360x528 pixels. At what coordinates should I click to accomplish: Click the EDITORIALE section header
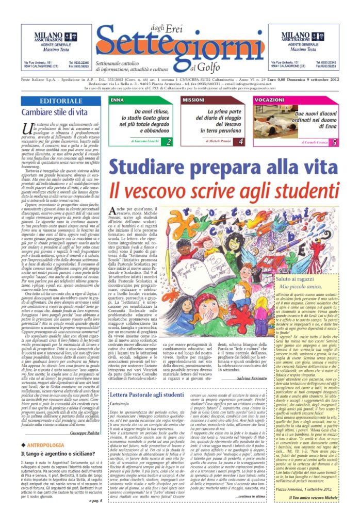[61, 101]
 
